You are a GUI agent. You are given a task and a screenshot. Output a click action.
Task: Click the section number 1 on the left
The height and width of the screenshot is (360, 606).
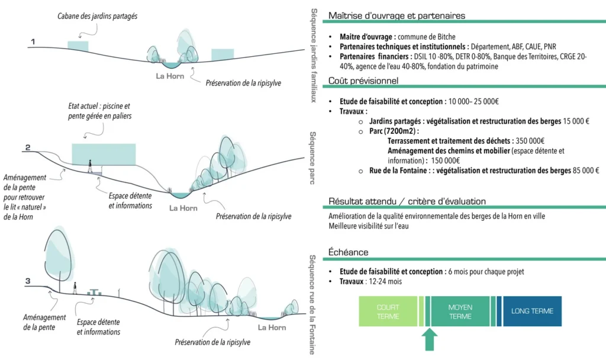click(x=34, y=41)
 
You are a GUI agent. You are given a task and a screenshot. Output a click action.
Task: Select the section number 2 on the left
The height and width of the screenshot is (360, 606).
click(x=28, y=147)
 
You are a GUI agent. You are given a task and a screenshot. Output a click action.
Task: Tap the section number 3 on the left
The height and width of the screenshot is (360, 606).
click(x=28, y=280)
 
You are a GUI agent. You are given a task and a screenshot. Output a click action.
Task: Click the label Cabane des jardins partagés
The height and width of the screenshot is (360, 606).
click(x=98, y=16)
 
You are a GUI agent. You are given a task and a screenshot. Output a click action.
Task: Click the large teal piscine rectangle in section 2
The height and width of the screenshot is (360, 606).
click(x=104, y=154)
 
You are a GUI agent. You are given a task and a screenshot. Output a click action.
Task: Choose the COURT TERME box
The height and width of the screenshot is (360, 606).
click(x=388, y=311)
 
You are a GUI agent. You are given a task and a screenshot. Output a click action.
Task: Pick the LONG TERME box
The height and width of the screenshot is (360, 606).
click(x=532, y=311)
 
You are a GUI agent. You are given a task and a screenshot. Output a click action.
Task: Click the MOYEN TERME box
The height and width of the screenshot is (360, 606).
click(x=460, y=311)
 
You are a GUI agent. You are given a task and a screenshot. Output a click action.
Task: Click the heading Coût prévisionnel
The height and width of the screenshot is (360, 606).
click(x=363, y=81)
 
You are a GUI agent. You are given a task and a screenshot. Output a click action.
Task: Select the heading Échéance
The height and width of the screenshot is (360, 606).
click(x=349, y=252)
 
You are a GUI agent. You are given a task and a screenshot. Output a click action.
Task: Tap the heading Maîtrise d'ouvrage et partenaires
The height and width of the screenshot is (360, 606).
click(x=397, y=15)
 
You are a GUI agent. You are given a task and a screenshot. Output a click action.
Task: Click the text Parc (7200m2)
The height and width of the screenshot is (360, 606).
click(x=398, y=131)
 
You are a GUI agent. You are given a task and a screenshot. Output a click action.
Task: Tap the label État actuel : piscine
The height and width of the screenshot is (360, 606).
click(x=99, y=106)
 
